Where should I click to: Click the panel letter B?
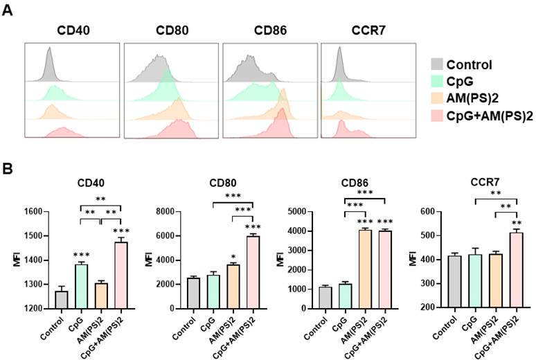(8, 167)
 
